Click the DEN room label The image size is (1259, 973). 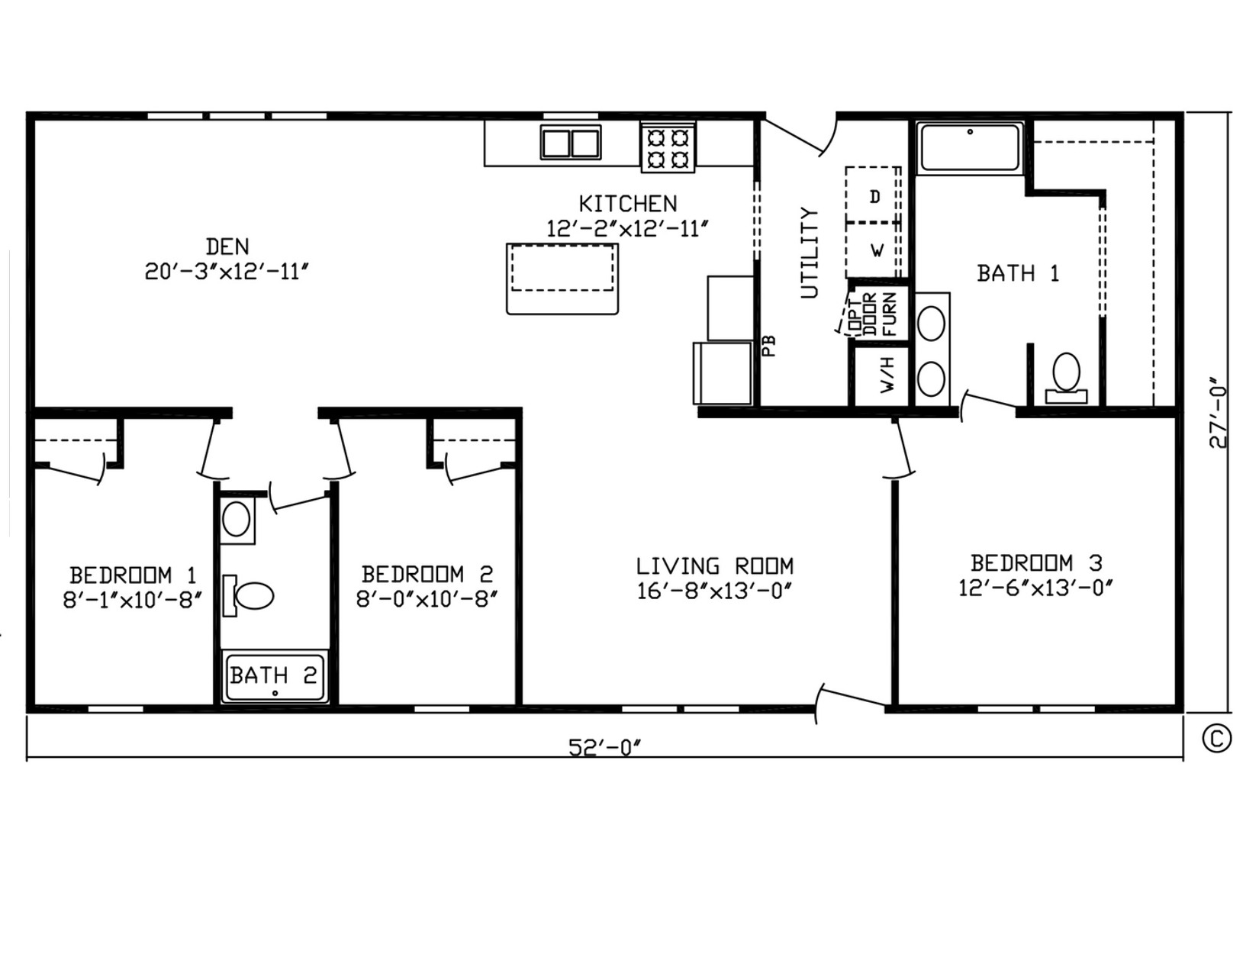(x=227, y=247)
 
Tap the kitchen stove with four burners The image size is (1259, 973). (x=668, y=147)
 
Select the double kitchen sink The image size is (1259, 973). (x=571, y=143)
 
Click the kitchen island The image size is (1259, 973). (x=562, y=279)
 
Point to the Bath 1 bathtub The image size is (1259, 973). (x=970, y=147)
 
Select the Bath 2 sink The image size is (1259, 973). (x=237, y=519)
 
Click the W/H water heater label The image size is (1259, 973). (x=888, y=375)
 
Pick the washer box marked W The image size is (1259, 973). (x=874, y=250)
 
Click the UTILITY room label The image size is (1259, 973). (x=810, y=253)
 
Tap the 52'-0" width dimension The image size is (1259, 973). (x=605, y=748)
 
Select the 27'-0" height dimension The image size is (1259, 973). (x=1219, y=413)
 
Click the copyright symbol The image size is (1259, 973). (x=1217, y=739)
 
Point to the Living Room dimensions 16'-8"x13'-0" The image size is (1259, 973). (x=714, y=591)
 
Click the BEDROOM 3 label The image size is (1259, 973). (x=1036, y=562)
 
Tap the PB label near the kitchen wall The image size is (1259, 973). (x=769, y=346)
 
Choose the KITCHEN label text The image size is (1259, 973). (x=628, y=204)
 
